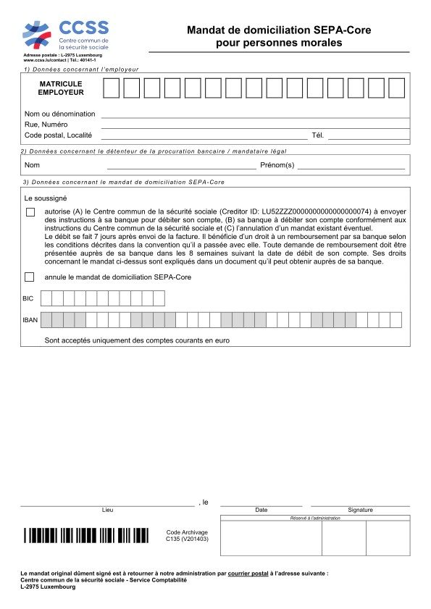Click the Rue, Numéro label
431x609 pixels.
click(47, 125)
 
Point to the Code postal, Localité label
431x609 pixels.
click(58, 135)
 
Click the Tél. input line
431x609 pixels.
click(369, 137)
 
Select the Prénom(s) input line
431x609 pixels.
click(351, 167)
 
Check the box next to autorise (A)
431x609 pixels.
click(30, 212)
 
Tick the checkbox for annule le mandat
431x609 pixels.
click(30, 277)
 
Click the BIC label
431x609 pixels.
click(28, 298)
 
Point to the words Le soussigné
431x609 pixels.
click(46, 198)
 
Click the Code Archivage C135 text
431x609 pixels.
click(187, 535)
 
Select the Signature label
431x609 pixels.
click(360, 511)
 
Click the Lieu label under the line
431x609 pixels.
click(107, 511)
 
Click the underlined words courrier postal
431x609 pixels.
click(248, 573)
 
